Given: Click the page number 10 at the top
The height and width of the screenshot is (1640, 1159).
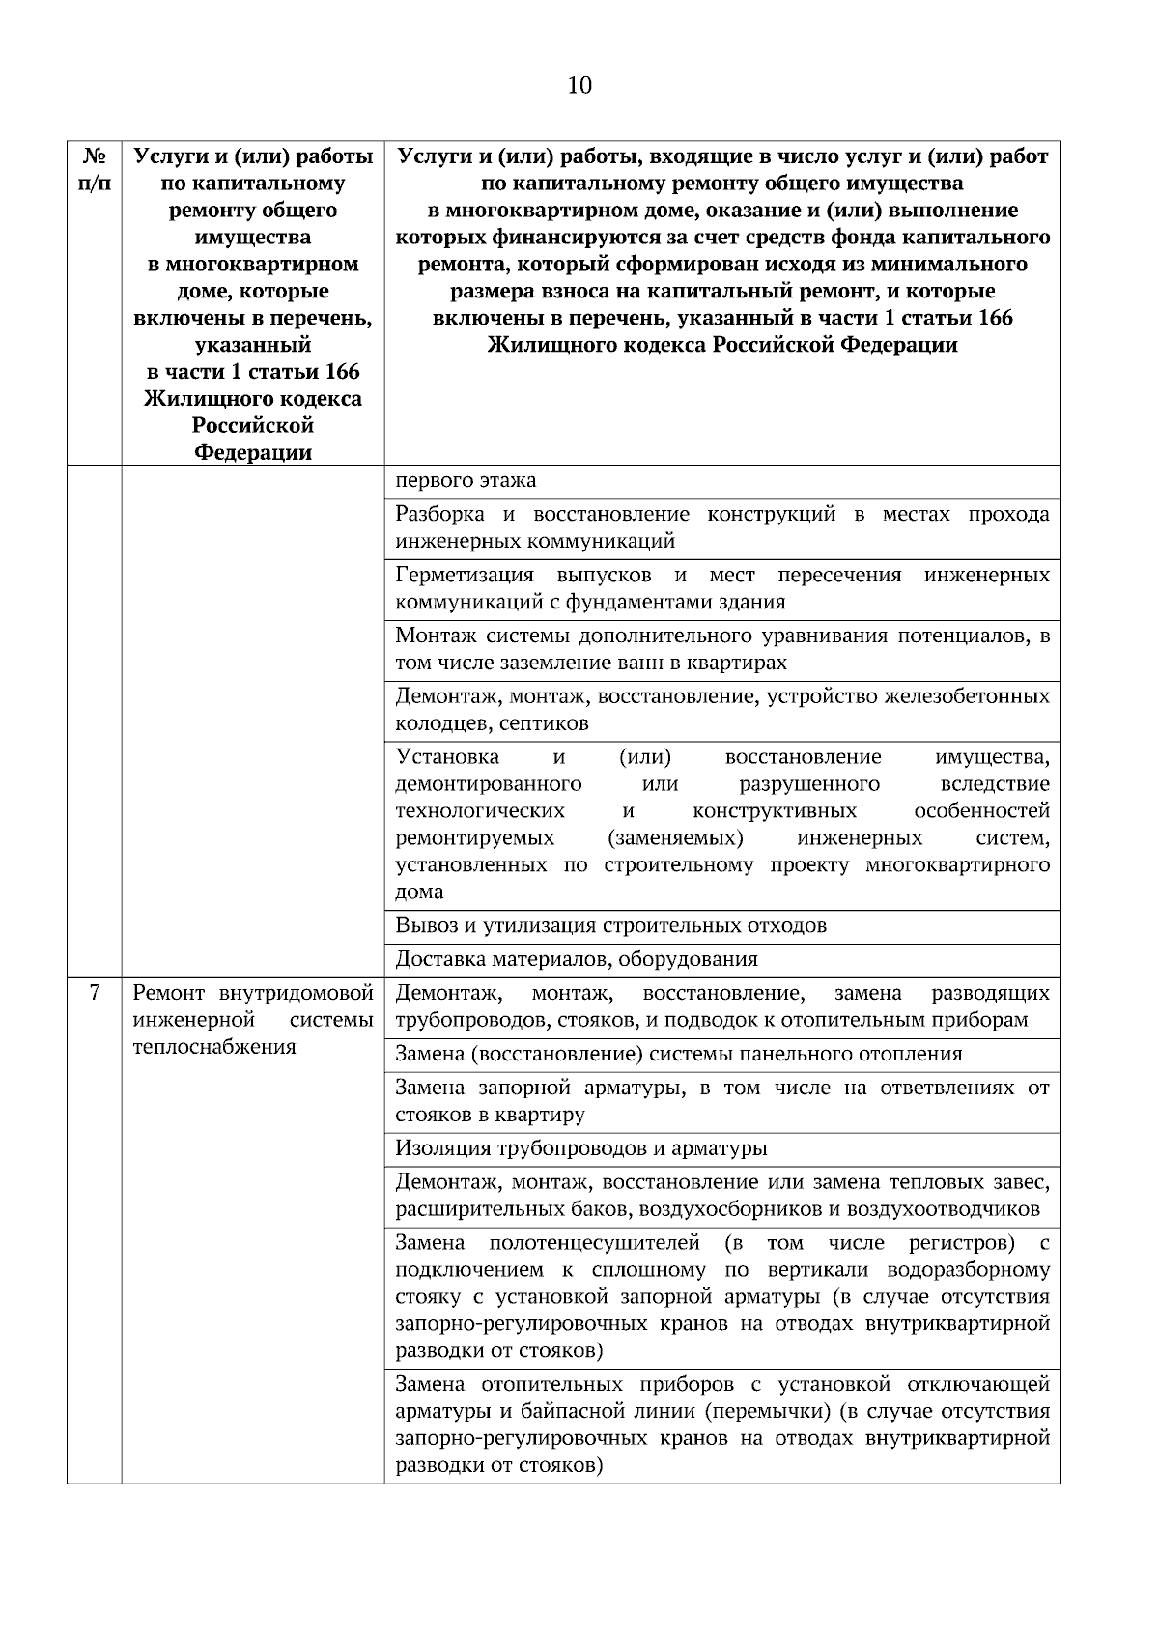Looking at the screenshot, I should click(x=579, y=86).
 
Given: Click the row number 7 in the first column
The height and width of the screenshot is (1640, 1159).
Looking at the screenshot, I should click(x=94, y=992).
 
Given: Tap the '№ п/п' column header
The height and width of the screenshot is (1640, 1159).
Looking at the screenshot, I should click(x=94, y=169).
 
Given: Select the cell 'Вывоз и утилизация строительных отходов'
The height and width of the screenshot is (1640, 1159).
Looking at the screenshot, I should click(x=610, y=925).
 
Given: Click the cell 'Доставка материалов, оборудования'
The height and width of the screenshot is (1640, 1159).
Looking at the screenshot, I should click(x=577, y=959).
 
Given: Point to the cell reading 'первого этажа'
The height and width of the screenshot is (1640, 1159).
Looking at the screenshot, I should click(x=466, y=480).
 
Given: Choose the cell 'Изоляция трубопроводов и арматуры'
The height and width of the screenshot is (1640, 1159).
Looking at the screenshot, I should click(x=581, y=1148).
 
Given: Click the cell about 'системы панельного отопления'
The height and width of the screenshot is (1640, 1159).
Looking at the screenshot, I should click(x=678, y=1054).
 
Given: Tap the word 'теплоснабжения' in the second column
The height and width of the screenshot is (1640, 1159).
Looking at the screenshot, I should click(x=213, y=1046).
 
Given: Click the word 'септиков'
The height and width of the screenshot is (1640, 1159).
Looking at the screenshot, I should click(x=550, y=723).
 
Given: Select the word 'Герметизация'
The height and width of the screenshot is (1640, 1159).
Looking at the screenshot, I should click(x=465, y=576).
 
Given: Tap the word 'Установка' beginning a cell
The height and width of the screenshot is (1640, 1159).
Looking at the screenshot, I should click(x=447, y=756).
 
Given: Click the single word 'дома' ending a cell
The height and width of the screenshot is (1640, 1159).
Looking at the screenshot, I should click(x=419, y=891).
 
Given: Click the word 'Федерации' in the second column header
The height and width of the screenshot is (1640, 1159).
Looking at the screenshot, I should click(x=253, y=452).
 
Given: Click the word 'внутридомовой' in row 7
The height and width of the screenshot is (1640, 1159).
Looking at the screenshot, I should click(x=297, y=992).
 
